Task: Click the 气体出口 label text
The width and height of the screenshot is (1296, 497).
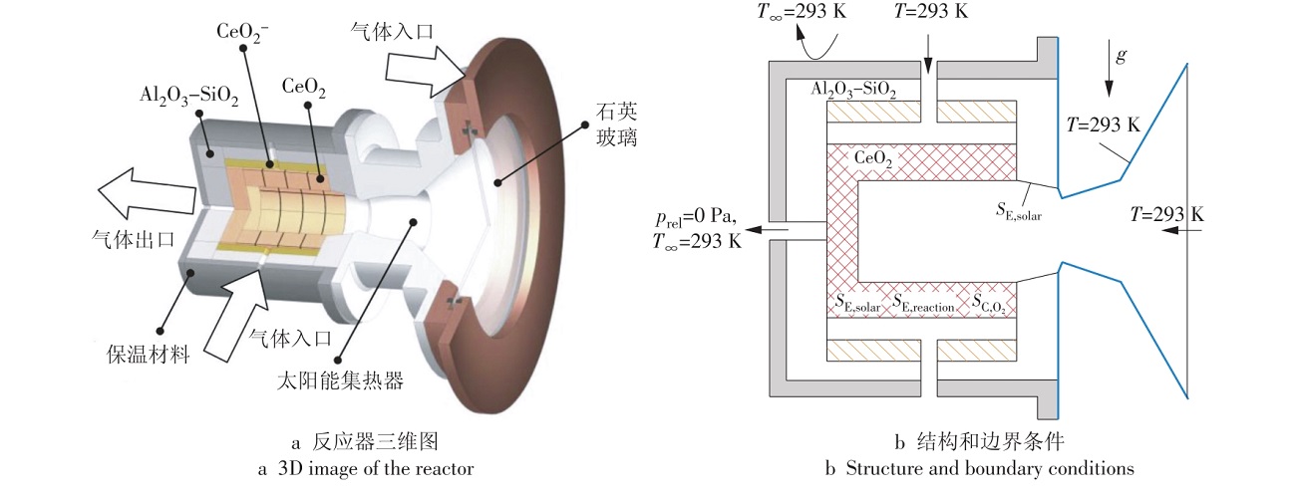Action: (x=133, y=239)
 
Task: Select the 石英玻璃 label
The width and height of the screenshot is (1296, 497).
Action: (x=617, y=124)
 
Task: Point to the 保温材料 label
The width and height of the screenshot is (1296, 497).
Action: (x=149, y=355)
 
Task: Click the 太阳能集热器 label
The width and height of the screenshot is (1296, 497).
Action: (x=340, y=380)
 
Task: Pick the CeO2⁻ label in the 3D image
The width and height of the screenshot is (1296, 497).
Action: (x=242, y=32)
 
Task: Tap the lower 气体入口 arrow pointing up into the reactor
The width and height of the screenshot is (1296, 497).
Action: (x=237, y=315)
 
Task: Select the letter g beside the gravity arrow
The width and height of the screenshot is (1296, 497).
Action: (x=1122, y=56)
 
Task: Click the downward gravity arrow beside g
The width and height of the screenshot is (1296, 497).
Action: (x=1109, y=68)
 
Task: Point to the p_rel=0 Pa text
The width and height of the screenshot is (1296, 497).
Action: (x=696, y=217)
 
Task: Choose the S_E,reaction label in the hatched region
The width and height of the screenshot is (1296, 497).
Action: (x=923, y=303)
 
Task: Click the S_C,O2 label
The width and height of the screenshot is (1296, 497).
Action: (x=988, y=303)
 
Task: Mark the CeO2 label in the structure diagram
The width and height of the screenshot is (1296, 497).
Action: (x=873, y=158)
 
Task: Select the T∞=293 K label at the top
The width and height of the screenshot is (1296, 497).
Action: (x=802, y=12)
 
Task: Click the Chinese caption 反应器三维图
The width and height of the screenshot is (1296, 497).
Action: (x=376, y=442)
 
